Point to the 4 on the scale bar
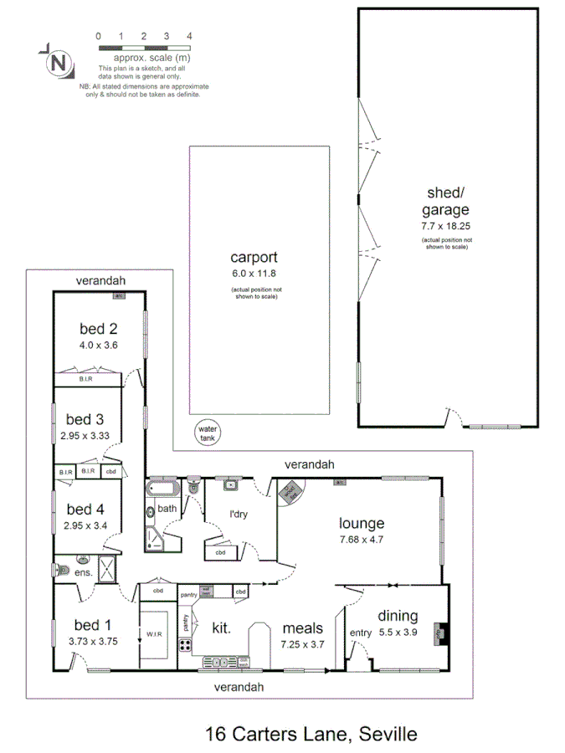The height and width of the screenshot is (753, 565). pos(190,37)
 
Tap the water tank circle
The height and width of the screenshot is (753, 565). pos(206,433)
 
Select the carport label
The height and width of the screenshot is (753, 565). pos(254,258)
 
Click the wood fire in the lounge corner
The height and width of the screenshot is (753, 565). pos(290,492)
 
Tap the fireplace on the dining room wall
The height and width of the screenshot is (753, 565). pos(438,633)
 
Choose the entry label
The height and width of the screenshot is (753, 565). pos(360,633)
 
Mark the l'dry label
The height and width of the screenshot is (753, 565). pos(241,514)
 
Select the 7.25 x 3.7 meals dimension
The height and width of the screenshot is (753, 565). pos(303,643)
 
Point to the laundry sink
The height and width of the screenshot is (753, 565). pos(229,484)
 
